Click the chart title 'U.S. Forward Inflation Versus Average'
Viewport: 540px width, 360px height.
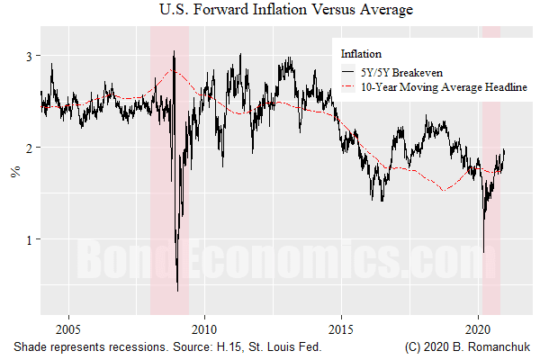point(269,11)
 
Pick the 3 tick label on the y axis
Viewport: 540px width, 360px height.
point(28,56)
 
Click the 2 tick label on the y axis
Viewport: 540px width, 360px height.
point(28,148)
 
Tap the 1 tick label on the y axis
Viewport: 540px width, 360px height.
point(28,239)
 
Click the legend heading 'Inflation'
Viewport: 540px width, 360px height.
point(361,53)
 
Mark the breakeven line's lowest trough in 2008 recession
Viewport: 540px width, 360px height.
point(177,290)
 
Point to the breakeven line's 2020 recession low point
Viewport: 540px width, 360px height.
point(483,252)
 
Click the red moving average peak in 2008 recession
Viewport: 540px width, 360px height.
point(175,71)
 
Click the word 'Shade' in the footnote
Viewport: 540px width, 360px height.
point(30,346)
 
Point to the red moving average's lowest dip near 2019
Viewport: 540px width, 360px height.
point(444,190)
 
